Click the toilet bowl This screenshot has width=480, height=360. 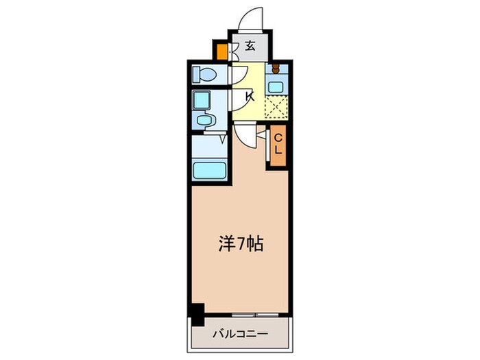204,73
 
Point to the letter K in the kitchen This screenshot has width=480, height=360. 250,96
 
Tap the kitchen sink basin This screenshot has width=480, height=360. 276,87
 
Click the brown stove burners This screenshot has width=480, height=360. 276,69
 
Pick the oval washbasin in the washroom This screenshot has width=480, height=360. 204,121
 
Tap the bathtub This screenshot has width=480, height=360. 210,169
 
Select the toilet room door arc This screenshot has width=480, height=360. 239,74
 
